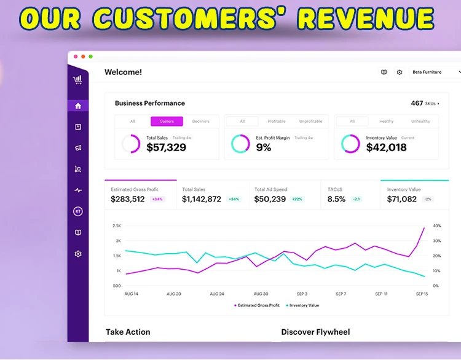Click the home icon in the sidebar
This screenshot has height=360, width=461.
(78, 106)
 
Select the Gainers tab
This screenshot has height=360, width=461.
(167, 121)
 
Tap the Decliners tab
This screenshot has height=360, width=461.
(201, 121)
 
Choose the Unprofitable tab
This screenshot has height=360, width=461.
(310, 121)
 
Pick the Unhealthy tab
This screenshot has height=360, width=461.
(421, 121)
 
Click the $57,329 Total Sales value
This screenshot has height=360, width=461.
(166, 147)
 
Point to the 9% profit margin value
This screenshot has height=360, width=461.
(264, 147)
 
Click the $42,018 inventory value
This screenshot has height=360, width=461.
(386, 147)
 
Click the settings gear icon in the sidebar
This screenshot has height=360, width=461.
(78, 254)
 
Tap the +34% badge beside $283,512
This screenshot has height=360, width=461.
(158, 199)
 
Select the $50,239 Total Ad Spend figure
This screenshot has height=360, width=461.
(270, 199)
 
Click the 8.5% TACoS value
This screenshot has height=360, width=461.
(336, 199)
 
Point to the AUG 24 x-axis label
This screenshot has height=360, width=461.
(217, 294)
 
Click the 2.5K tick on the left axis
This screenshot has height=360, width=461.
(116, 226)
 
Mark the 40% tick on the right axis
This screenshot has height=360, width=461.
(437, 226)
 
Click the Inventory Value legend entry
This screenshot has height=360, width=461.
(304, 305)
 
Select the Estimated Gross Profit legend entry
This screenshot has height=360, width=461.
(257, 305)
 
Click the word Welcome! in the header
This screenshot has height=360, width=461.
(123, 72)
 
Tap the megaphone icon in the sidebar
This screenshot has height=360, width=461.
(78, 148)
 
